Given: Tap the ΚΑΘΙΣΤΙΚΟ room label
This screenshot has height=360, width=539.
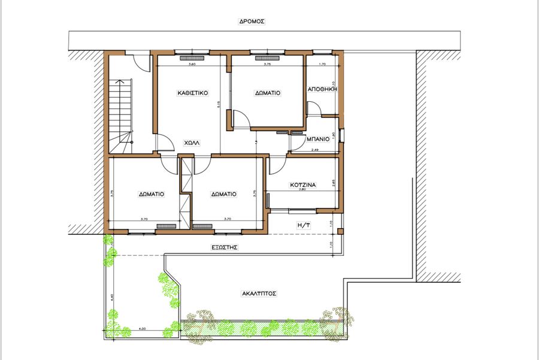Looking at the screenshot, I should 192,93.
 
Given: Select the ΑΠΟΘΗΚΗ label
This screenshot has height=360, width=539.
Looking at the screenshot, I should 323,88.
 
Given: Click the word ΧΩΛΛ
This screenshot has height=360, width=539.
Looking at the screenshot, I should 192,144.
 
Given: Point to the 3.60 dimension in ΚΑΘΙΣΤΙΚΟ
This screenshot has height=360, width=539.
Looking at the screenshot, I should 192,64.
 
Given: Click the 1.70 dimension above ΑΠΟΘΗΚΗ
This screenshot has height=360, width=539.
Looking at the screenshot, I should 322,64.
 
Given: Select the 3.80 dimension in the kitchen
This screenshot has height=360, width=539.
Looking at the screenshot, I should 302,190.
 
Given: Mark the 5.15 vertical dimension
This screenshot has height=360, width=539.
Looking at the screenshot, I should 219,104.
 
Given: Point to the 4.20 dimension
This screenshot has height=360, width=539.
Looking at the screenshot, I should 142,329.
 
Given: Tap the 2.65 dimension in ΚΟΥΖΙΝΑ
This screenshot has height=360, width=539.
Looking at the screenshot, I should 333,182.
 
